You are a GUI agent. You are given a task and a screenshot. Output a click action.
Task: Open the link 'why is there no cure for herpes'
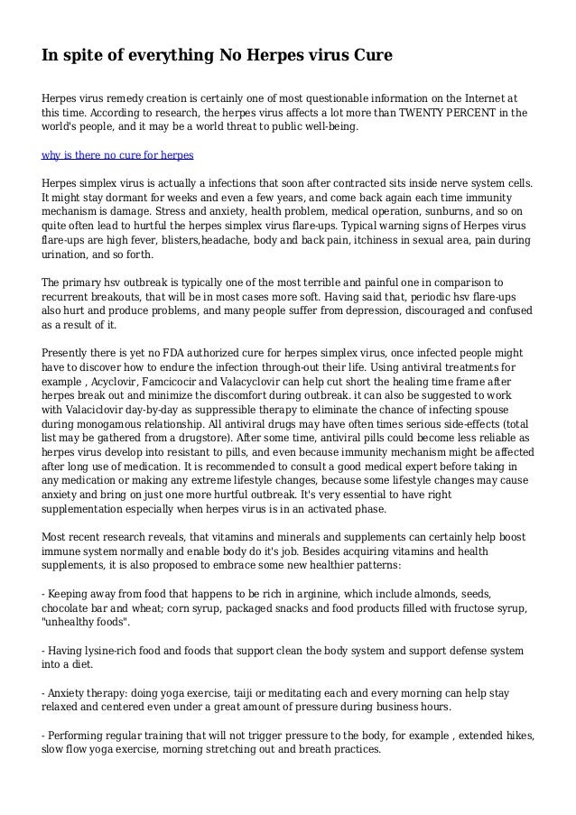(118, 154)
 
